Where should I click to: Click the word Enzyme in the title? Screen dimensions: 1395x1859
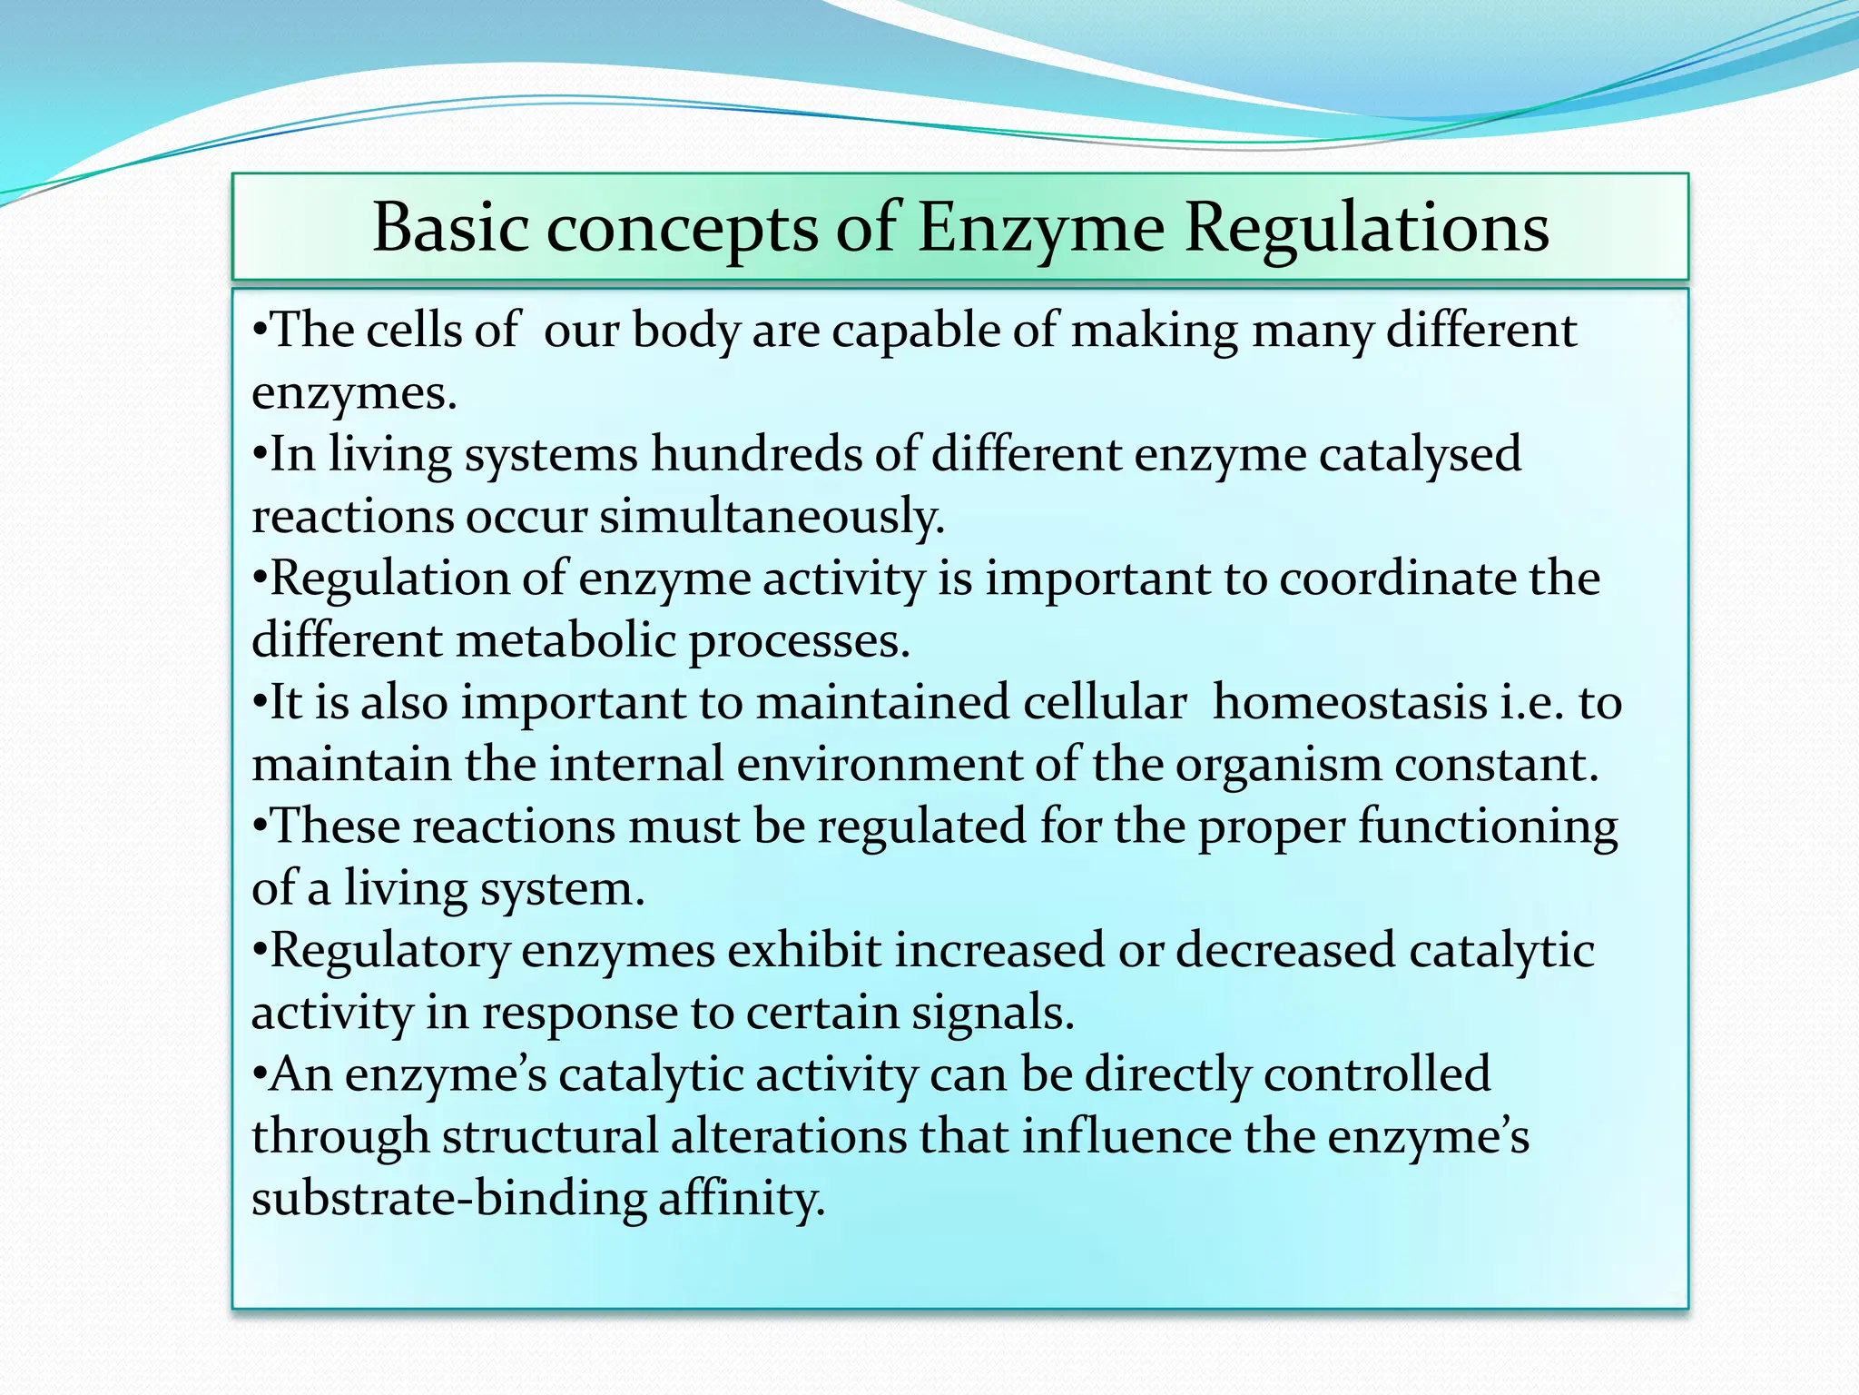1040,228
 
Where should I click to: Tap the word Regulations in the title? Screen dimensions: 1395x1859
1367,228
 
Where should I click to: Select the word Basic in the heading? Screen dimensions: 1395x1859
451,228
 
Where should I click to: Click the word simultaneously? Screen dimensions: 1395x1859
772,517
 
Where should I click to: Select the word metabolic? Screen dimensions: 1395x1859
565,641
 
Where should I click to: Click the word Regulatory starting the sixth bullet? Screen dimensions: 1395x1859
390,952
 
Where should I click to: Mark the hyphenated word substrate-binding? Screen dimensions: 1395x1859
448,1200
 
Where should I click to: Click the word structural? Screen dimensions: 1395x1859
550,1138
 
